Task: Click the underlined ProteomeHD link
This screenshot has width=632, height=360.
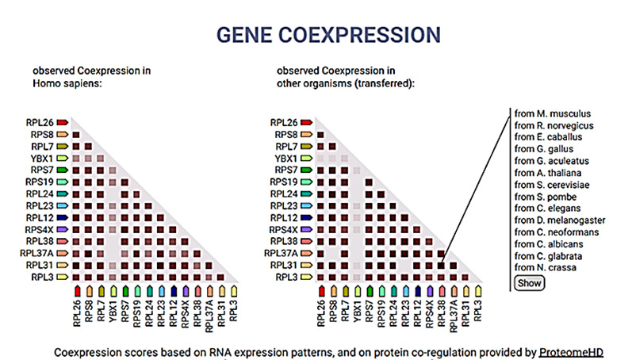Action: (x=570, y=350)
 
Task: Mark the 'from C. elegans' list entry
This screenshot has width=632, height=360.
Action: (x=547, y=209)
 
